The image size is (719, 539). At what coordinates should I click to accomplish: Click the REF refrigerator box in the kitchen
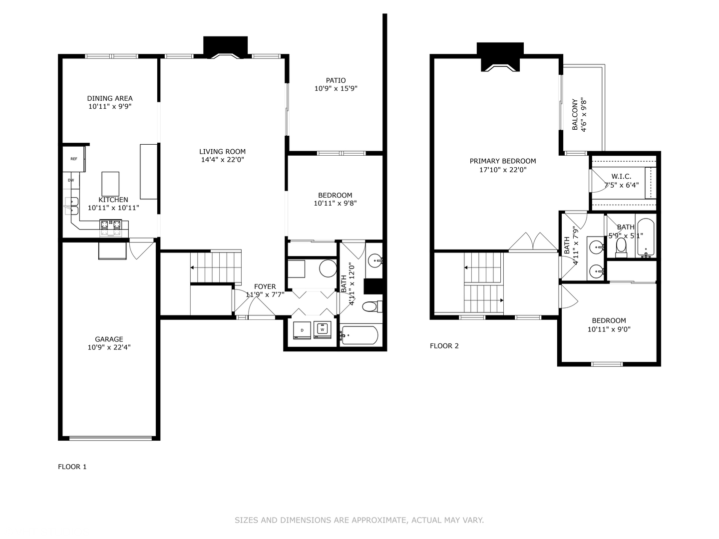(x=74, y=159)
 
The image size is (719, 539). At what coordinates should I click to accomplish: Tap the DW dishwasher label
(x=71, y=180)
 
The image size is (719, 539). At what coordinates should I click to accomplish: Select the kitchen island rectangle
(x=110, y=184)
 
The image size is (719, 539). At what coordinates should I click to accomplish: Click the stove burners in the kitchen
(x=111, y=227)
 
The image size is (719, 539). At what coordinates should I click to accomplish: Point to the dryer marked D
(x=302, y=330)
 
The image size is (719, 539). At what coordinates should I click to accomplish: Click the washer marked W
(x=323, y=329)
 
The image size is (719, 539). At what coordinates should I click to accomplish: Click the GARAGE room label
(x=109, y=339)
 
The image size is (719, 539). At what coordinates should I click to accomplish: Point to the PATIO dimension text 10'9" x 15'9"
(x=336, y=89)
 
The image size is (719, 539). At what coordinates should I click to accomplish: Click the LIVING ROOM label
(x=222, y=152)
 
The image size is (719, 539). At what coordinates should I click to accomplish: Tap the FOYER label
(x=265, y=286)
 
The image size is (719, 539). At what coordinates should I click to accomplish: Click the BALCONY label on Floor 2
(x=575, y=115)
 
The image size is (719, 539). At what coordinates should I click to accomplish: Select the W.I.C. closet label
(x=621, y=176)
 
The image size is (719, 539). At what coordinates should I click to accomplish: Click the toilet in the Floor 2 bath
(x=621, y=246)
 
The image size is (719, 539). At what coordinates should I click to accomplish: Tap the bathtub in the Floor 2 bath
(x=646, y=238)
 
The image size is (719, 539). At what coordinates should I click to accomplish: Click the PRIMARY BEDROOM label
(x=502, y=161)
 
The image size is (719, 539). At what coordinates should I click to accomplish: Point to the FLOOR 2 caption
(x=444, y=346)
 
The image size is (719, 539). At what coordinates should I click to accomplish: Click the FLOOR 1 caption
(x=72, y=467)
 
